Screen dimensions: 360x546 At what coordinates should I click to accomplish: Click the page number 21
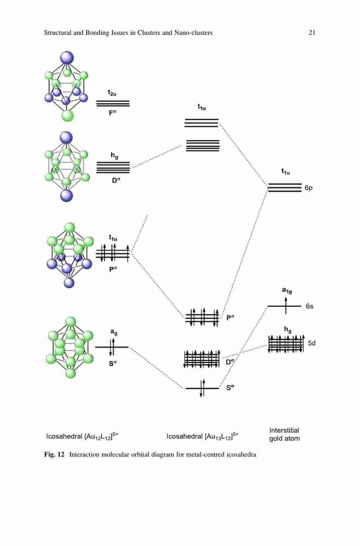(x=312, y=33)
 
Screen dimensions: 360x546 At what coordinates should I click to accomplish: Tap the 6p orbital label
(x=309, y=188)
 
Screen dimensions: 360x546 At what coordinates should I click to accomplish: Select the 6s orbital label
(x=309, y=306)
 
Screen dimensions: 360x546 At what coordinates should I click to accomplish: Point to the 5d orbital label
(x=311, y=343)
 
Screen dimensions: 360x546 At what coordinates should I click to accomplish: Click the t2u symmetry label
(x=112, y=93)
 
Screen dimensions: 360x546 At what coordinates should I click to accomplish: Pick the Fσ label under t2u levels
(x=112, y=113)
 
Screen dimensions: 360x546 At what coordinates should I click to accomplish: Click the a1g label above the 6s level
(x=287, y=290)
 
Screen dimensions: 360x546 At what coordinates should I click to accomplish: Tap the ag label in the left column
(x=114, y=332)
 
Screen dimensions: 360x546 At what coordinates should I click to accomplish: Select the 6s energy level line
(x=285, y=306)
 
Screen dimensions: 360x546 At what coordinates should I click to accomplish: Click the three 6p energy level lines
(x=285, y=187)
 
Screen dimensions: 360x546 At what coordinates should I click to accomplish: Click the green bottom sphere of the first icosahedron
(x=68, y=116)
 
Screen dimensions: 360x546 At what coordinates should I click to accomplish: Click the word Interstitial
(x=284, y=430)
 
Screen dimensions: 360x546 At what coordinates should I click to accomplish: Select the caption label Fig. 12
(x=55, y=454)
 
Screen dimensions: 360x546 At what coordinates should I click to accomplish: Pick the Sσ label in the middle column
(x=230, y=387)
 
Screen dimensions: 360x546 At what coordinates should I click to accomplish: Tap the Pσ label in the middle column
(x=231, y=317)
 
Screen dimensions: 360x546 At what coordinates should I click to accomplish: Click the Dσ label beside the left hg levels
(x=116, y=180)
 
